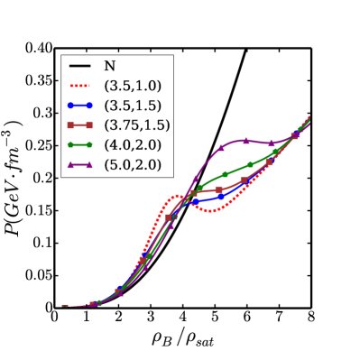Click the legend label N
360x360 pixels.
click(x=109, y=66)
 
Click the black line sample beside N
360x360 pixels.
click(x=80, y=66)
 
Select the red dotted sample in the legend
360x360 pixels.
click(x=80, y=86)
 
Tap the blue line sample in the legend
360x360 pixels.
click(x=80, y=106)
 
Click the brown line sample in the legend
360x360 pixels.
click(x=80, y=125)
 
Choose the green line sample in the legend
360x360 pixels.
click(x=80, y=144)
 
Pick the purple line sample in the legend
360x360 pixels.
click(x=80, y=164)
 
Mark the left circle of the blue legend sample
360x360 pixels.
click(x=71, y=106)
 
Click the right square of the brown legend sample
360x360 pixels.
click(x=89, y=125)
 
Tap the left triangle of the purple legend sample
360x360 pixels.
click(x=71, y=164)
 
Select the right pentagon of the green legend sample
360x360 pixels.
click(x=89, y=144)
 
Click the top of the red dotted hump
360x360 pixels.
click(x=178, y=196)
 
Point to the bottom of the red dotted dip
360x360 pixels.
click(x=210, y=211)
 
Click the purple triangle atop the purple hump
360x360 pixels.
click(x=246, y=140)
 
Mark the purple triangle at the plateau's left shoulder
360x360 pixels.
click(x=221, y=148)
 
